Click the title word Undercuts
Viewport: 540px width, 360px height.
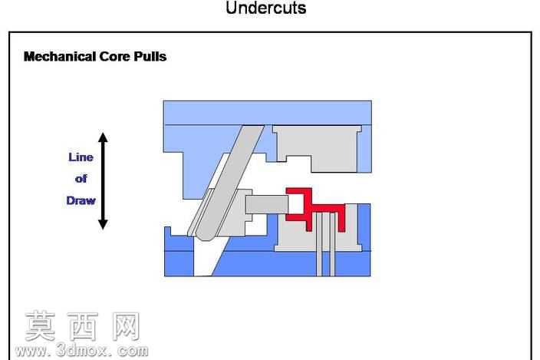266,8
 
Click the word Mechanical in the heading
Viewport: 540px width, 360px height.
60,57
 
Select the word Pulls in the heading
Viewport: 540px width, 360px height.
150,57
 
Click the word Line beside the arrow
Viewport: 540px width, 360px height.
81,157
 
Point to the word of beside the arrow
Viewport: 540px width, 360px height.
81,179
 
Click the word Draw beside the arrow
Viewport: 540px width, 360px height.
81,200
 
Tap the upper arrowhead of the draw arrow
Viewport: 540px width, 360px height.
103,137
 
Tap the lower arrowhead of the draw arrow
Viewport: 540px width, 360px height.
103,225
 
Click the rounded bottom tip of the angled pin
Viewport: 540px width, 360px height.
204,238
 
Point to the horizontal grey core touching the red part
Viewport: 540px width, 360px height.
267,204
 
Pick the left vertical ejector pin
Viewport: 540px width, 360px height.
319,244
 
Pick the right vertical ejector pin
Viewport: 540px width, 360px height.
332,244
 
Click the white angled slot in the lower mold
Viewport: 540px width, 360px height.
206,256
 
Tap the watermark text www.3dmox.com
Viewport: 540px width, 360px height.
81,351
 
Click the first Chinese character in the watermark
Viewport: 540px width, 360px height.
41,326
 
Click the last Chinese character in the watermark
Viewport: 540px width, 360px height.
126,326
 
